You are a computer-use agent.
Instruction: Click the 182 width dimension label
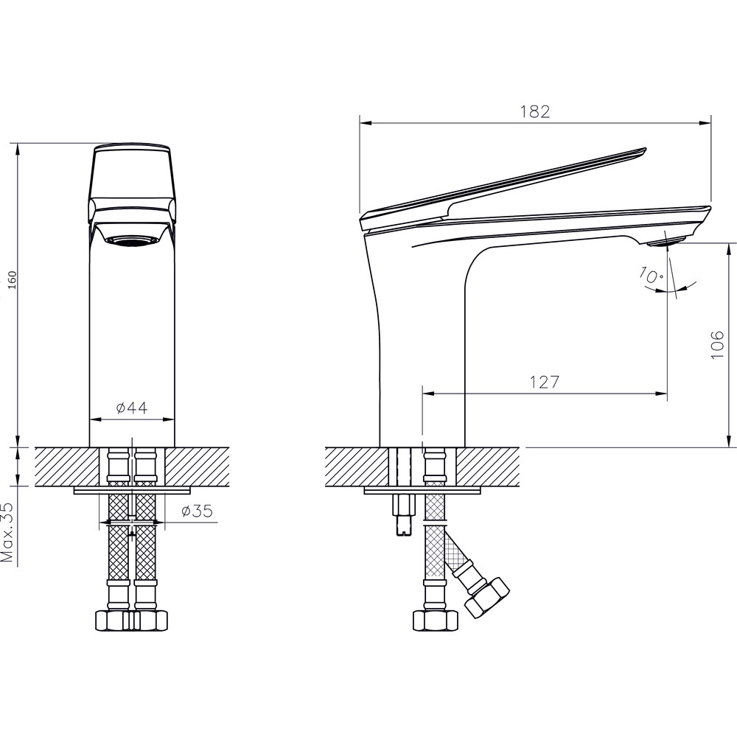click(536, 111)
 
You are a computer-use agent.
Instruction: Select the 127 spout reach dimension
click(545, 383)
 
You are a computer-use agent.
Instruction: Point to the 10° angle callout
click(652, 278)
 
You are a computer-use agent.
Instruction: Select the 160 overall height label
click(10, 280)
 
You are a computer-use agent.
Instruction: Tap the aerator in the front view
click(132, 240)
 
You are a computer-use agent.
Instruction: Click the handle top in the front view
click(132, 149)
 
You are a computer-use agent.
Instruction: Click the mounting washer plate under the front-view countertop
click(133, 489)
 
